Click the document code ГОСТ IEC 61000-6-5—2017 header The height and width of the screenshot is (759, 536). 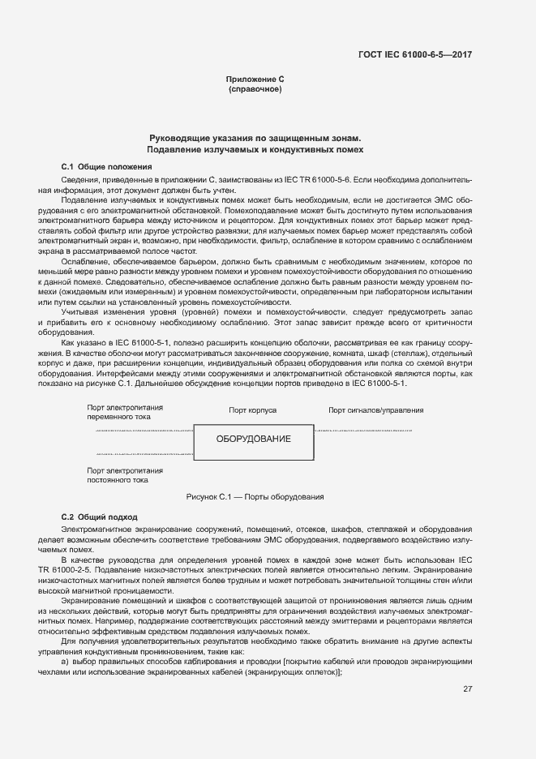coord(415,55)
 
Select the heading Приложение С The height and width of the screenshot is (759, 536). coord(255,79)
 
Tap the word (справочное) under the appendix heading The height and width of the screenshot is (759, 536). coord(255,88)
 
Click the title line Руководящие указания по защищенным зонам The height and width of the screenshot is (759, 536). coord(255,139)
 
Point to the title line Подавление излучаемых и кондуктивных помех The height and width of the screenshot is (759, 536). coord(255,150)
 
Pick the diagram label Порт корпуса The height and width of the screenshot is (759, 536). coord(253,410)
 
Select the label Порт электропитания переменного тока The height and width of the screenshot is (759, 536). coord(125,411)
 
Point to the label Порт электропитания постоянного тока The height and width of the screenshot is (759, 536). coord(125,474)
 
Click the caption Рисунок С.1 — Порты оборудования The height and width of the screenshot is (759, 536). coord(255,496)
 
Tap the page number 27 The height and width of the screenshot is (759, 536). coord(467,690)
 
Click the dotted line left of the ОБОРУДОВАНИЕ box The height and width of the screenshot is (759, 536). coord(144,431)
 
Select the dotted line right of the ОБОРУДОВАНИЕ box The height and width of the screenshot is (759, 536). coord(363,430)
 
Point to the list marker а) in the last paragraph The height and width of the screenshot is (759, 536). coord(66,662)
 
